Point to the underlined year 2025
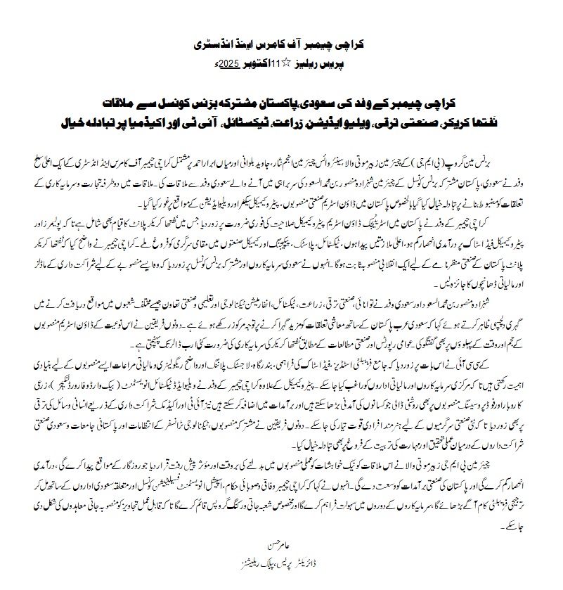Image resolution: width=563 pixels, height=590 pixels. coord(227,62)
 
